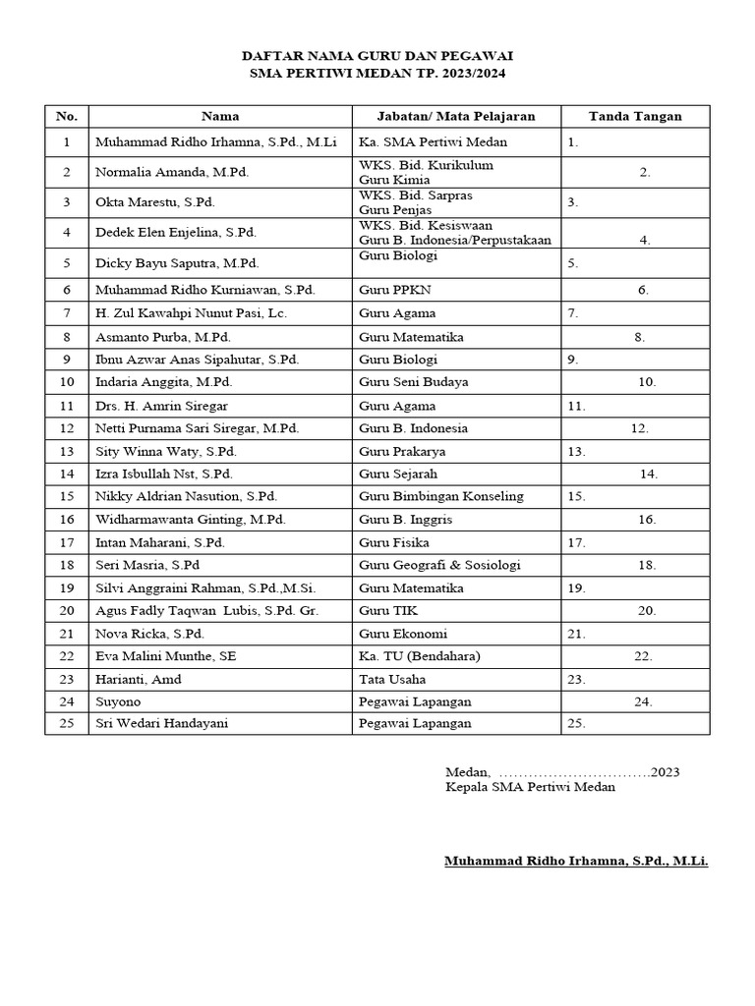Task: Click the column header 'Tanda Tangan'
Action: click(x=635, y=116)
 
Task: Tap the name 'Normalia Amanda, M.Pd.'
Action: click(x=172, y=173)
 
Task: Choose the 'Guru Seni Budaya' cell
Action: click(x=413, y=382)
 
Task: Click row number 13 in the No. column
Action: click(x=67, y=452)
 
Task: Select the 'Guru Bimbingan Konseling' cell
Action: click(x=441, y=496)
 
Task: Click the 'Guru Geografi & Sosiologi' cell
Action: click(x=439, y=565)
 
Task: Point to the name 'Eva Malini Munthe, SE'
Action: click(x=165, y=656)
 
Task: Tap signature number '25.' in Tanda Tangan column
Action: click(x=576, y=724)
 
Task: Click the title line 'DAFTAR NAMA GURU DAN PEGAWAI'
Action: click(x=378, y=56)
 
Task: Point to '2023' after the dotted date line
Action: click(x=665, y=771)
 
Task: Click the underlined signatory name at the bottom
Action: click(x=576, y=862)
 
